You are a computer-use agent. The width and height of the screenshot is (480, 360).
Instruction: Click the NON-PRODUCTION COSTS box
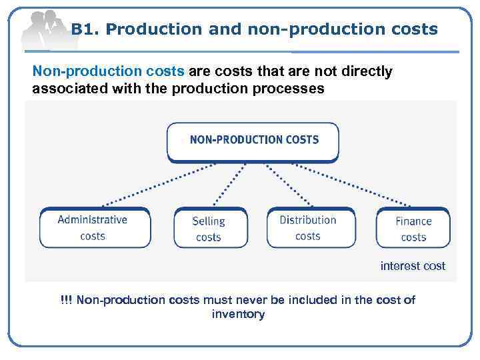point(253,141)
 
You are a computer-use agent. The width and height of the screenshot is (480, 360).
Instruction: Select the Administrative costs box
point(93,227)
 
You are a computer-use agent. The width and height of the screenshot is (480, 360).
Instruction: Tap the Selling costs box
point(209,229)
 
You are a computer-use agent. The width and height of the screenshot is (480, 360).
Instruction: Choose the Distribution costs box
point(308,227)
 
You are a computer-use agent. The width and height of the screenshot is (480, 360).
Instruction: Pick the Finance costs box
point(413,229)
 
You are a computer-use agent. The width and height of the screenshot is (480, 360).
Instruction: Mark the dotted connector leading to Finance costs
point(360,185)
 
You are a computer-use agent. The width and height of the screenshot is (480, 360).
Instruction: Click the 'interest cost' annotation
point(413,266)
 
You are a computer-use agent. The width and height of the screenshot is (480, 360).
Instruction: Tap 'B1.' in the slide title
point(85,29)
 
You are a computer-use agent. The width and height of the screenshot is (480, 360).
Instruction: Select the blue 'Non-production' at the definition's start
point(77,71)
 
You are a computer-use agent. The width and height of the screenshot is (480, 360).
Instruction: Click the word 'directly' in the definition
point(369,71)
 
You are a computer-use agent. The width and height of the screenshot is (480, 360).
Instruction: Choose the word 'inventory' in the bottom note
point(238,314)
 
